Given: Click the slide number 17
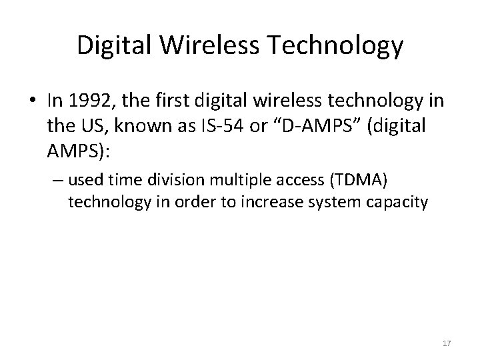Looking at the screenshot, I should [446, 343].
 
